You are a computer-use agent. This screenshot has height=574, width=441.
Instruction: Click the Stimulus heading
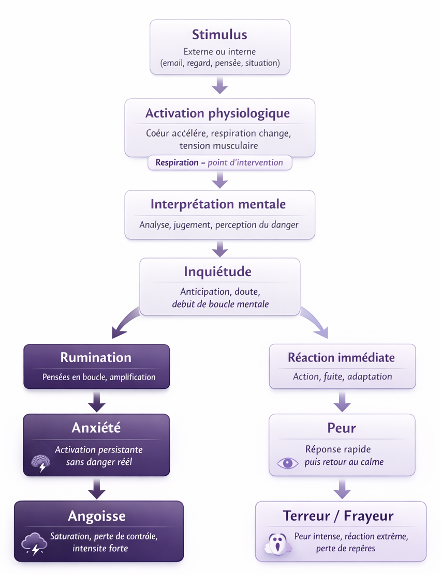pos(219,35)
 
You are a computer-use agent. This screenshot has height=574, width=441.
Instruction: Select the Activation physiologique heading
pos(217,113)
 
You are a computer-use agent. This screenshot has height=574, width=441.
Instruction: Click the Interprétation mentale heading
pos(218,204)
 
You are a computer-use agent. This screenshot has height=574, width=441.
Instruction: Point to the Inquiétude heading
pos(218,271)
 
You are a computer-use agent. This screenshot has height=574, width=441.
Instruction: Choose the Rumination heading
pos(96,357)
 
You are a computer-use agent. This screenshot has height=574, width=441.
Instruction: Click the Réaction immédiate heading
pos(341,357)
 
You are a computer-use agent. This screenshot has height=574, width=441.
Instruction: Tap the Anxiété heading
pos(96,428)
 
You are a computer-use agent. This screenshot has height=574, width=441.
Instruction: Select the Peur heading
pos(342,428)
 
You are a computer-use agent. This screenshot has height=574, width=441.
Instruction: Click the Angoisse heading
pos(97,516)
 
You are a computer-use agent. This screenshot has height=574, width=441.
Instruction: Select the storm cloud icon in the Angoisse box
pos(34,544)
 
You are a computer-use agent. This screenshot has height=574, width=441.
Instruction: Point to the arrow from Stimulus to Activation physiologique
pos(220,85)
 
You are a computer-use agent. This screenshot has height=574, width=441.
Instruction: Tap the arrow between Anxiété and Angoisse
pos(96,488)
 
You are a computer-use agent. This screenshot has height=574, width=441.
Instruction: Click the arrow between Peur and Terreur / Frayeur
pos(342,488)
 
